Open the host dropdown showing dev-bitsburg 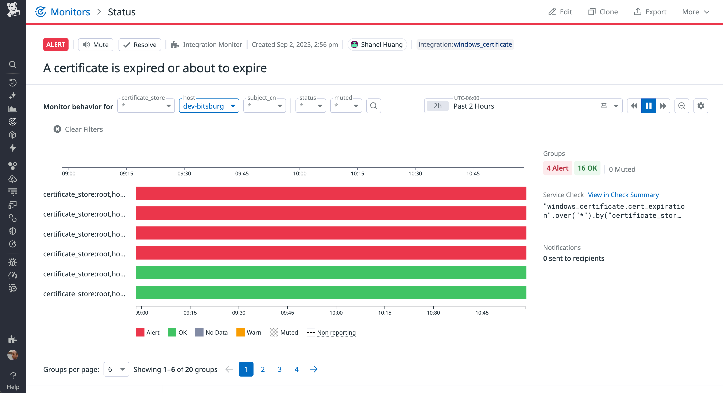[x=209, y=106]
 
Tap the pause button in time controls [x=648, y=106]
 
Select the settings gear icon [x=701, y=106]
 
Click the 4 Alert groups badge [x=557, y=168]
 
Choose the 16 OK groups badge [x=587, y=168]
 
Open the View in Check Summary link [x=623, y=195]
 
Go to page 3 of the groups [x=279, y=369]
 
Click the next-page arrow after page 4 [x=313, y=369]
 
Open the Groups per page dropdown [x=116, y=369]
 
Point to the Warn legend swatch [x=240, y=332]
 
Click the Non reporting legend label [x=336, y=332]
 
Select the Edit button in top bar [x=560, y=12]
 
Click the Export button [x=650, y=12]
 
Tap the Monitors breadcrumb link [x=70, y=12]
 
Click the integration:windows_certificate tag [x=465, y=44]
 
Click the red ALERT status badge [x=55, y=45]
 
